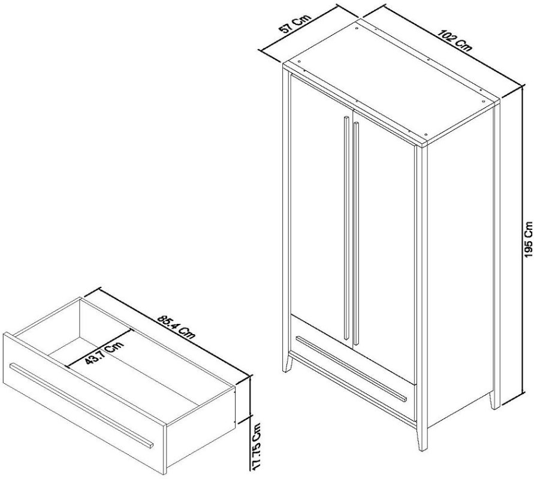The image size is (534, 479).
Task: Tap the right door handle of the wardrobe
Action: click(356, 234)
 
